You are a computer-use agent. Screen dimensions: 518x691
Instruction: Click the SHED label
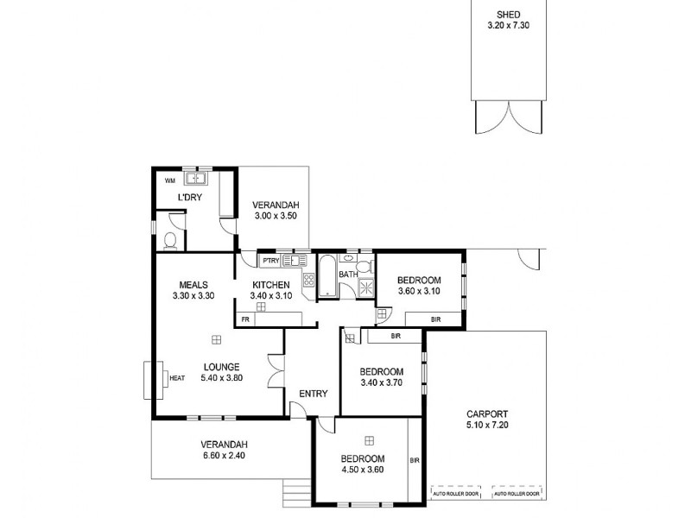click(x=508, y=14)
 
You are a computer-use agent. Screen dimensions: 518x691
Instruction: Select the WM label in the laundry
click(x=170, y=181)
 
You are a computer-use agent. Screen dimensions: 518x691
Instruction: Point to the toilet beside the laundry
click(x=171, y=239)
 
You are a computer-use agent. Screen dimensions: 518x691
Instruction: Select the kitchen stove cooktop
click(x=307, y=278)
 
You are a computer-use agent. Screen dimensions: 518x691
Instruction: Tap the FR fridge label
click(x=245, y=319)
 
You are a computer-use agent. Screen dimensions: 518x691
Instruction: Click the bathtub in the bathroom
click(x=328, y=276)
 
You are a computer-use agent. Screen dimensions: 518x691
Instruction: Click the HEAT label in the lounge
click(x=177, y=377)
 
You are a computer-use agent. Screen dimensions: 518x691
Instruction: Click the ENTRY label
click(x=313, y=394)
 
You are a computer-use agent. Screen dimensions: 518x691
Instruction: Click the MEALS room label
click(x=192, y=284)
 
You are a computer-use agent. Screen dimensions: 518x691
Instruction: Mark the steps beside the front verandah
click(x=295, y=490)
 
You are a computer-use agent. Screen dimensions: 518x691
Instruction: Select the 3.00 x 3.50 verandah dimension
click(x=276, y=216)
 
